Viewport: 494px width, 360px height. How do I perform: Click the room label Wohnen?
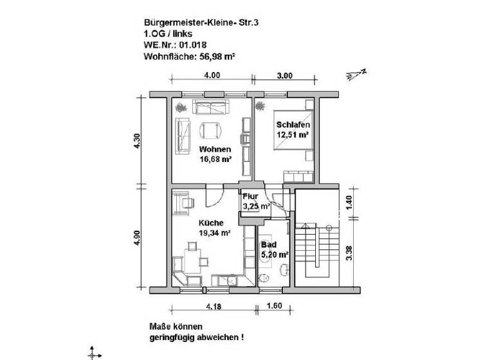(x=215, y=150)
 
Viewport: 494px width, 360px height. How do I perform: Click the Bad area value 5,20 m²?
(x=274, y=255)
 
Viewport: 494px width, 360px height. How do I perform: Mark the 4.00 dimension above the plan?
(x=212, y=75)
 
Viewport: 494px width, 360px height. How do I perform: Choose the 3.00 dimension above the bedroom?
(x=284, y=75)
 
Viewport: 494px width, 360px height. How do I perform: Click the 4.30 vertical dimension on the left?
(x=136, y=141)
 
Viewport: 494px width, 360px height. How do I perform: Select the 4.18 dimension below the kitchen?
(x=214, y=307)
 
